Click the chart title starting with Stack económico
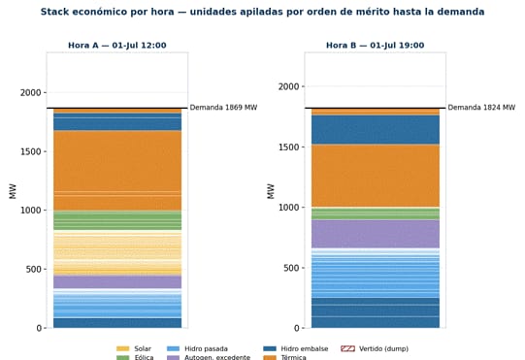click(x=262, y=12)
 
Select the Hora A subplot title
click(x=117, y=46)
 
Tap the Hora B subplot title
click(x=376, y=46)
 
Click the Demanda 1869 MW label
click(x=223, y=108)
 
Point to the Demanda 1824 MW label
click(x=481, y=108)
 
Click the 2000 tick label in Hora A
click(x=31, y=93)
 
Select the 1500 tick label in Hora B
click(x=289, y=147)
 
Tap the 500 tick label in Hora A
click(x=34, y=269)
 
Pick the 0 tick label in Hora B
click(x=297, y=328)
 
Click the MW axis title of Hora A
click(x=13, y=191)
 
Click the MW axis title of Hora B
click(x=271, y=191)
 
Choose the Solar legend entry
click(x=134, y=348)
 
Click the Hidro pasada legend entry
click(x=197, y=348)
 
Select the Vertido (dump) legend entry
click(x=375, y=348)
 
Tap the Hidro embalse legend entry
click(x=296, y=348)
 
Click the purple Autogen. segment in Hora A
click(x=117, y=282)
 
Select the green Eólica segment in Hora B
click(x=376, y=213)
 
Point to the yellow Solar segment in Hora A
click(x=117, y=253)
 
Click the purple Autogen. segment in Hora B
click(x=376, y=234)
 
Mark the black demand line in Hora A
click(x=117, y=108)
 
